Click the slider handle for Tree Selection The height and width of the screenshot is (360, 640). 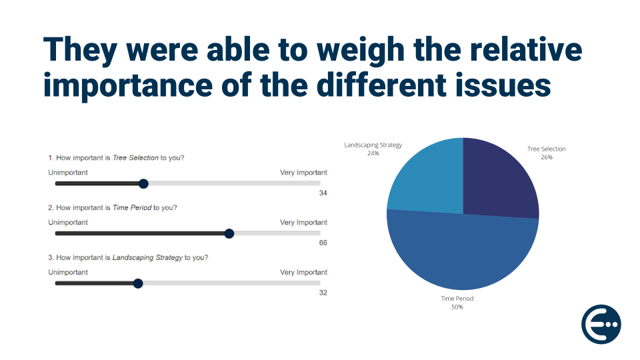coord(143,184)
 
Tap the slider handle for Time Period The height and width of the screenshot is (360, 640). coord(229,233)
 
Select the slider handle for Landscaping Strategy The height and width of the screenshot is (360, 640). coord(138,283)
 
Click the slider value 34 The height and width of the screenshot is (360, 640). coord(323,193)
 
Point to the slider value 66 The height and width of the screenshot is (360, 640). coord(323,243)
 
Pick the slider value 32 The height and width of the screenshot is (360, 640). coord(323,293)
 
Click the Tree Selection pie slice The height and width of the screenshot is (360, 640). coord(500,180)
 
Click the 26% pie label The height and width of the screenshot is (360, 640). coord(547,157)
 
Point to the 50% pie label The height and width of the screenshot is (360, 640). coord(457,307)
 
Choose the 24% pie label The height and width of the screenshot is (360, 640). coord(373,153)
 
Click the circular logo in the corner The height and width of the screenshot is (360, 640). coord(601,325)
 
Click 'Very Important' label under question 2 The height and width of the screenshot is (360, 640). coord(303,223)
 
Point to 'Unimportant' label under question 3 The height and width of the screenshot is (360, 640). coord(68,272)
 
